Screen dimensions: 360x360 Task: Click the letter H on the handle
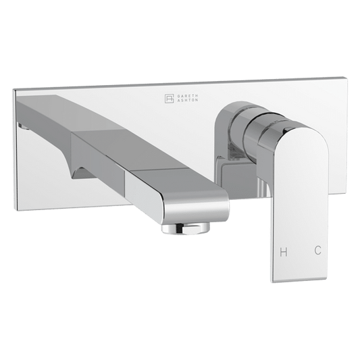(x=284, y=251)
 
